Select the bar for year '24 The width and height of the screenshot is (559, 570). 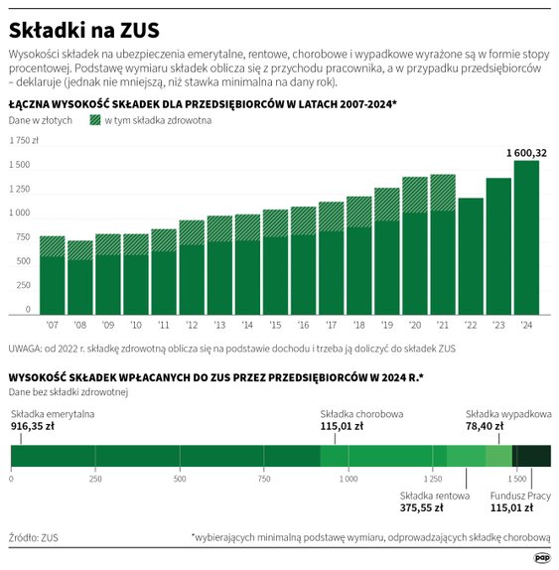click(526, 238)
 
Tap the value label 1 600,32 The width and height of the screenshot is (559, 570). click(525, 152)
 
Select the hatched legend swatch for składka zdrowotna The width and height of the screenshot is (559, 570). click(95, 119)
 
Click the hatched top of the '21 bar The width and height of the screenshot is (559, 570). click(443, 192)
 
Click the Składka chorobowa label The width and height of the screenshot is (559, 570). click(361, 413)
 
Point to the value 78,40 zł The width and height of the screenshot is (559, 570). click(487, 425)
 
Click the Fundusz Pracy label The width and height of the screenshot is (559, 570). click(520, 494)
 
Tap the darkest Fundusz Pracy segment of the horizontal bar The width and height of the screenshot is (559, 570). click(531, 456)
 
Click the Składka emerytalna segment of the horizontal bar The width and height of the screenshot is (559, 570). click(165, 456)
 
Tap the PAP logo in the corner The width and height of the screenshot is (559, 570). click(542, 558)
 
